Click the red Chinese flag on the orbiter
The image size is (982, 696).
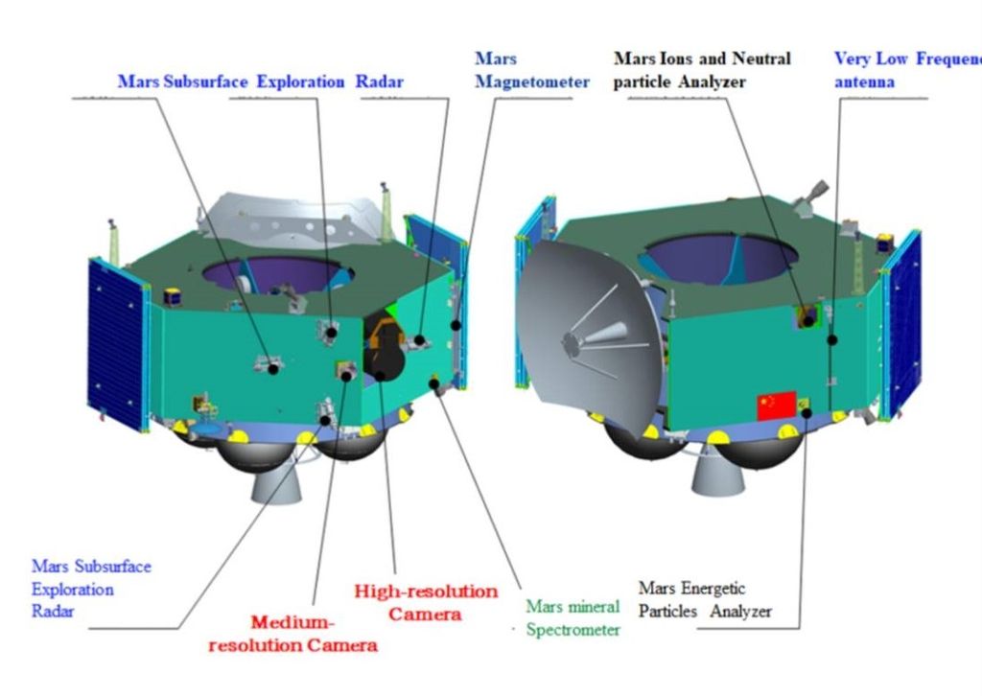coord(777,406)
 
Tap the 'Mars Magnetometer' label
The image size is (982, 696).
coord(532,70)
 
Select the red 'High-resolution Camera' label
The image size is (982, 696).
coord(426,602)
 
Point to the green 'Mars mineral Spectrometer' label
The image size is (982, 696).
coord(573,617)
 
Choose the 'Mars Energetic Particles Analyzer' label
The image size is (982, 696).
coord(704,599)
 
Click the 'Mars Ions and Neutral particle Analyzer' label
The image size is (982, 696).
coord(702,70)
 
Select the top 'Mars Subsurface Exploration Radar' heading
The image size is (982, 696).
coord(260,81)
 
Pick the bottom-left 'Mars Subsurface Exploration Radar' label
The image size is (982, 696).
coord(91,588)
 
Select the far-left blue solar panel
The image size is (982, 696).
coord(116,341)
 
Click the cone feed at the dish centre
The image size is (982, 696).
coord(604,335)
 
